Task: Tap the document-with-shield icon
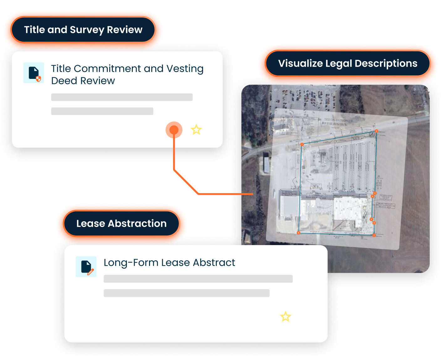tap(34, 73)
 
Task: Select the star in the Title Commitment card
tap(196, 130)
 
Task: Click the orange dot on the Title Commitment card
tap(174, 130)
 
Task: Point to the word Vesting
tap(185, 69)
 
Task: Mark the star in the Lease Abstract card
tap(285, 316)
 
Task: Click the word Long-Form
tap(131, 263)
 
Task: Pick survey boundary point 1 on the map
tap(302, 145)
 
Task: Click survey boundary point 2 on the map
tap(376, 131)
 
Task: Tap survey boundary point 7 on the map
tap(374, 235)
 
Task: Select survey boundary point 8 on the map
tap(298, 233)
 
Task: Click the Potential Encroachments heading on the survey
tap(338, 120)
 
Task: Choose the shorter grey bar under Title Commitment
tap(102, 111)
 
